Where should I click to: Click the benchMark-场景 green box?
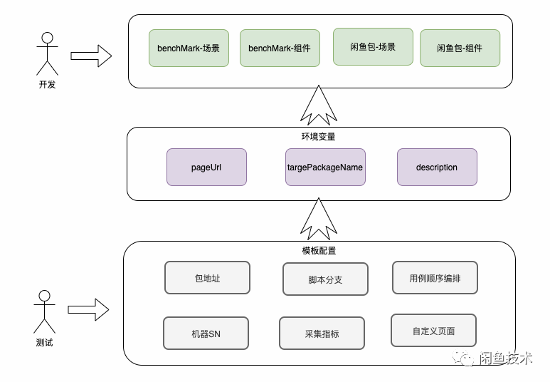tap(189, 48)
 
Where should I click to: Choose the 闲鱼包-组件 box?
tap(460, 48)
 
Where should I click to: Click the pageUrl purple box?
tap(206, 167)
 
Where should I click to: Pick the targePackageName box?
tap(325, 167)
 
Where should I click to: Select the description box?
tap(437, 167)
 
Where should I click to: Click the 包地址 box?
tap(207, 278)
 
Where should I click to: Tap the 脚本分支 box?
tap(325, 279)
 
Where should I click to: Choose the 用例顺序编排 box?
tap(435, 278)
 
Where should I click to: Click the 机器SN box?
tap(206, 334)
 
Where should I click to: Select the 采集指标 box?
tap(322, 334)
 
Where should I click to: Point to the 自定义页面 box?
tap(433, 331)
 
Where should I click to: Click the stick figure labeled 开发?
tap(47, 53)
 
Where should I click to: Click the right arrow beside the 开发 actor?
tap(91, 56)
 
